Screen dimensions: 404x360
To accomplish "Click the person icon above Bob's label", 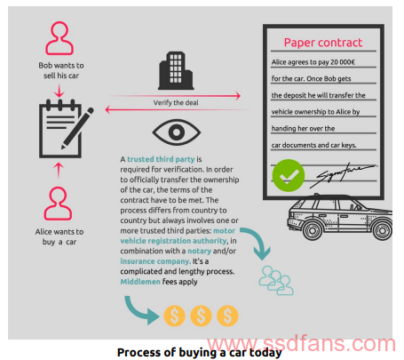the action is (59, 38).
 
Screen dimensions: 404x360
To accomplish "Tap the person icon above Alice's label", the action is (58, 204).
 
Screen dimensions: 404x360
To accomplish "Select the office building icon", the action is (176, 70).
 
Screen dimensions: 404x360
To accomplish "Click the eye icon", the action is (177, 132).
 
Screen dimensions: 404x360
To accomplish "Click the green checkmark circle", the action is (289, 175).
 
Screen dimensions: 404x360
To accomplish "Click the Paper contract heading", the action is (323, 43).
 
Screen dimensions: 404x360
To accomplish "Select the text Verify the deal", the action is (176, 103).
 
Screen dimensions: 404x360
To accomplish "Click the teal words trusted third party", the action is (161, 159).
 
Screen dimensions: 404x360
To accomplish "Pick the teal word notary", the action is (199, 251).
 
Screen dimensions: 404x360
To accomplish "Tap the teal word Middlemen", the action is (140, 282).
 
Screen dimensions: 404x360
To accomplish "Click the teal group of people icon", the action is (276, 280).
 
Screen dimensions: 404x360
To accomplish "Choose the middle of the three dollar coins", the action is (201, 316).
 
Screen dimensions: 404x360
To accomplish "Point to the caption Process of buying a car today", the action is (199, 353).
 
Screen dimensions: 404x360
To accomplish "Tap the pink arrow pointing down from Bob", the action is (59, 91).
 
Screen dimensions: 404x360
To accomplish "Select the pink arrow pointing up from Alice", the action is (59, 171).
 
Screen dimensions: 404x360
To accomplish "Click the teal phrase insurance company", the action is (155, 261).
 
